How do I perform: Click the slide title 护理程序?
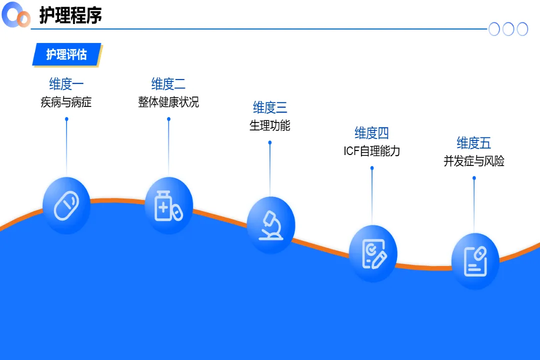coord(70,15)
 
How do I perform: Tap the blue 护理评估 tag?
coord(66,54)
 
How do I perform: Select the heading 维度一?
coord(66,83)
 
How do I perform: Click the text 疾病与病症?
coord(66,102)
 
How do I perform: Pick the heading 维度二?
coord(168,83)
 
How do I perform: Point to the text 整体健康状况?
coord(168,102)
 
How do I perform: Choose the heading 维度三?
coord(270,107)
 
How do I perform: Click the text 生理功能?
coord(270,125)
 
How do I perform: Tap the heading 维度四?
coord(371,133)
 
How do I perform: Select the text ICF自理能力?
coord(371,151)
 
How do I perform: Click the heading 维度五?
coord(473,143)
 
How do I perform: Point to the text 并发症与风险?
coord(473,161)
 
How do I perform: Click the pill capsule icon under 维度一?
coord(66,205)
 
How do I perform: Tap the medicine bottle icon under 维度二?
coord(168,205)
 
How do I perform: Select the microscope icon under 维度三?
coord(270,225)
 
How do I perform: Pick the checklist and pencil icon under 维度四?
coord(372,253)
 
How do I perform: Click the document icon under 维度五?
coord(475,261)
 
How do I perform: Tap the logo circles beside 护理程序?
coord(16,15)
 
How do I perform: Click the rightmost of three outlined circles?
coord(522,29)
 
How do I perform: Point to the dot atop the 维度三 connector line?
coord(270,142)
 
